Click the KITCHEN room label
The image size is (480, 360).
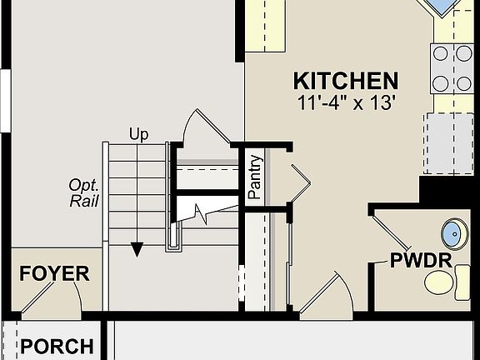(345, 81)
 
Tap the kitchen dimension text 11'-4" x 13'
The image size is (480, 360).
(345, 103)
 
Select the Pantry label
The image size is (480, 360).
(256, 177)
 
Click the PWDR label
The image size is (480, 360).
(421, 260)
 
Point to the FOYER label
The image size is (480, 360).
(54, 274)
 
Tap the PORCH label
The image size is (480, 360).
(57, 346)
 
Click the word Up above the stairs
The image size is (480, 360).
(139, 134)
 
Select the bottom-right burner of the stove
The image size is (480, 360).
(463, 82)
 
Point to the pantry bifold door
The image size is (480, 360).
(300, 181)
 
